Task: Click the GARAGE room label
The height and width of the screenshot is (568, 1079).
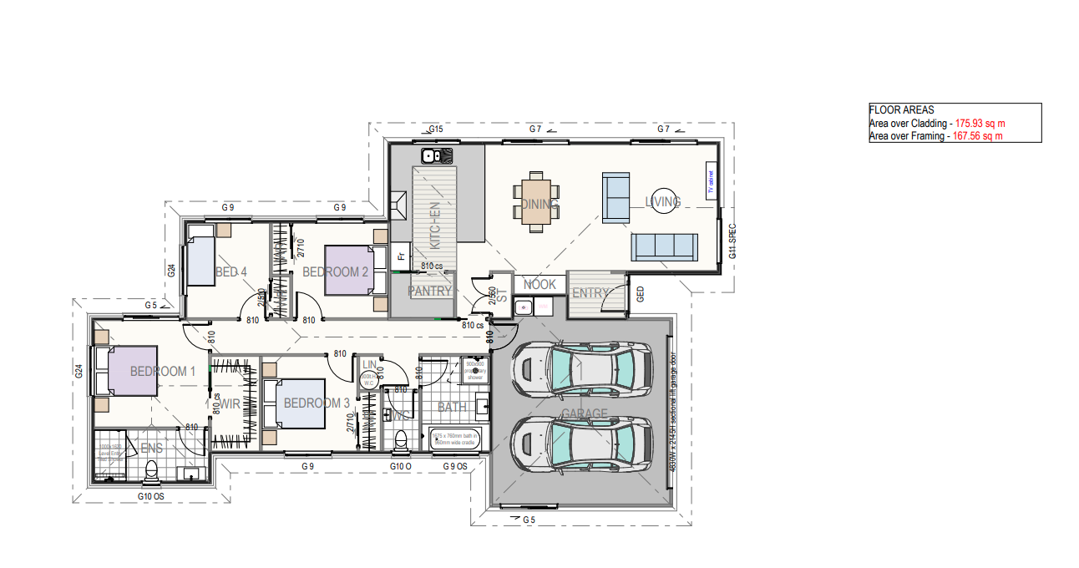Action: (585, 414)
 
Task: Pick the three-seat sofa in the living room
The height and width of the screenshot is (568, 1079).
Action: (664, 246)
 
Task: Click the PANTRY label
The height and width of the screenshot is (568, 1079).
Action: (430, 292)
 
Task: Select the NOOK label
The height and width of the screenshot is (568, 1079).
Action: (539, 285)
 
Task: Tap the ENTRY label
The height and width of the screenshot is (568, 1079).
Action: (591, 293)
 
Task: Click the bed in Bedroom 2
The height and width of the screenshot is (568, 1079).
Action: (348, 270)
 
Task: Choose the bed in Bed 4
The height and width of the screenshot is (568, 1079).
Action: (200, 261)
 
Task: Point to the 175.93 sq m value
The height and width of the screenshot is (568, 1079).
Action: (981, 123)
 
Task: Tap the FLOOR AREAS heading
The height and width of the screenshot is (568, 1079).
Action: (901, 109)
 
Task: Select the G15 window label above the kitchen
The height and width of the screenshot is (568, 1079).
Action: (435, 129)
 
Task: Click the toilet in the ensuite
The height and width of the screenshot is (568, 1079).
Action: (151, 473)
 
